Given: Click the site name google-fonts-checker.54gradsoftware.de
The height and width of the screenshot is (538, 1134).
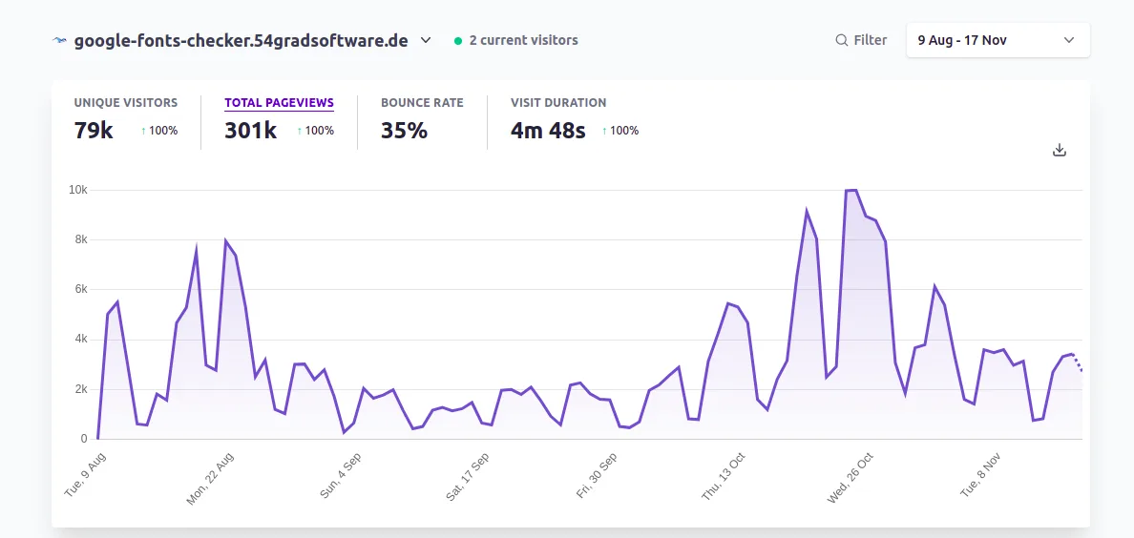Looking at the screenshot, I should tap(241, 40).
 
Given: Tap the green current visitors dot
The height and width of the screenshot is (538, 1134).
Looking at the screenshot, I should tap(458, 41).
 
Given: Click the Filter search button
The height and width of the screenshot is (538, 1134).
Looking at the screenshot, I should tap(861, 40).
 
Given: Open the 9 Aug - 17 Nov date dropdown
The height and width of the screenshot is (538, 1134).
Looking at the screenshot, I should tap(997, 40).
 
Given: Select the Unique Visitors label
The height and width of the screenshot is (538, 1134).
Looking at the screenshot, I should tap(126, 103).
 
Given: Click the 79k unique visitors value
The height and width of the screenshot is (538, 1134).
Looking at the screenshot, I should tap(94, 131).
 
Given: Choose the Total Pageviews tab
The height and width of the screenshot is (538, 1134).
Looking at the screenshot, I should tap(279, 103).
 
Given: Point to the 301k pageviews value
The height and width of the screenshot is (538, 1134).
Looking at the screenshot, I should tap(250, 131).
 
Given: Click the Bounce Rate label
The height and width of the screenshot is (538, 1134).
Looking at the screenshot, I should tap(422, 103).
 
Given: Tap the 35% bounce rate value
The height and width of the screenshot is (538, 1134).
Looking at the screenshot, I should tap(404, 131).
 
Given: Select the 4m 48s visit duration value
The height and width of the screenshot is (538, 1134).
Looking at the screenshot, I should tap(548, 131).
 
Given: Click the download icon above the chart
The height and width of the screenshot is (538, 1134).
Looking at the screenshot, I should tap(1059, 150).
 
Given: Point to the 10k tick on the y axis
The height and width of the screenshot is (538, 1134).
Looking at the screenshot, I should tap(77, 190).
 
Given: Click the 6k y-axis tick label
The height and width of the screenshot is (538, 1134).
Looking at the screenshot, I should tap(80, 289).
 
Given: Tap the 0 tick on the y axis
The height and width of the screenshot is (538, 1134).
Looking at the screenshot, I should tap(84, 439).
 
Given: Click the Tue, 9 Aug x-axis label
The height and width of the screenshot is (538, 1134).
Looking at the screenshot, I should tap(86, 474).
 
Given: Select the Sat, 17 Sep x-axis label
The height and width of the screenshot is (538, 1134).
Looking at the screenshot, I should tap(468, 477).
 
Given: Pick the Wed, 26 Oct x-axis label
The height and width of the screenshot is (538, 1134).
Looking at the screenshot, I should tap(851, 477).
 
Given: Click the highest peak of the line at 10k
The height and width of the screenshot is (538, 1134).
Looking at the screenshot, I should tap(850, 191).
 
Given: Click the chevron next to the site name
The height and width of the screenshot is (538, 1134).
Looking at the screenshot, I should tap(426, 40).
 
